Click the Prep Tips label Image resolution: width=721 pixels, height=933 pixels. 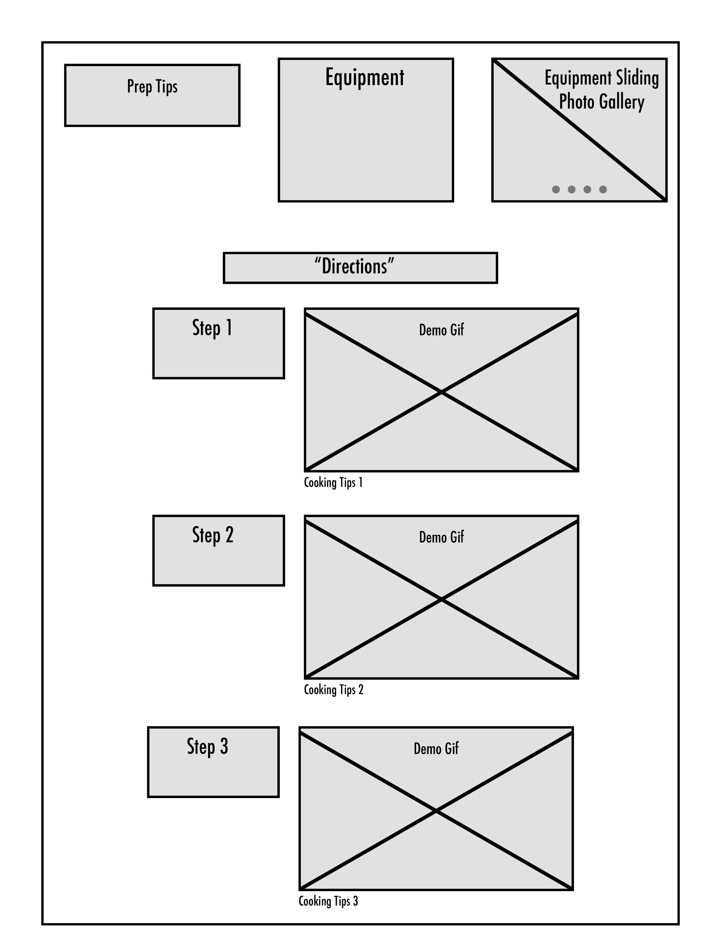coord(152,87)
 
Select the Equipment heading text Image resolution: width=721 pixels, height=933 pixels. coord(365,78)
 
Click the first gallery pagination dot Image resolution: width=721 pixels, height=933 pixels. coord(556,189)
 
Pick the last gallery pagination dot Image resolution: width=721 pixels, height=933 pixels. coord(603,189)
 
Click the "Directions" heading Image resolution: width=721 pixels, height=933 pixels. coord(355,266)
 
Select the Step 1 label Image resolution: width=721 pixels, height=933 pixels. coord(212,328)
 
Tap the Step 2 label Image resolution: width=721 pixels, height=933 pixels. coord(213,535)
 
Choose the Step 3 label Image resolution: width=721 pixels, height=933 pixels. coord(208,747)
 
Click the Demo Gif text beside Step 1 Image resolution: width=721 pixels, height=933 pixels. coord(441,330)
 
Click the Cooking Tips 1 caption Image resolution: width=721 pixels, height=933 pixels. coord(333,483)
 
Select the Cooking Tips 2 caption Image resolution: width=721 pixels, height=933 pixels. coord(334,690)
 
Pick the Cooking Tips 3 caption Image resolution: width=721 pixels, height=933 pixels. coord(328,901)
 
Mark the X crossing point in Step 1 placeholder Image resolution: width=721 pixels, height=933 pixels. coord(442,392)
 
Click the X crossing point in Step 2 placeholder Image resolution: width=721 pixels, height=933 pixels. coord(442,599)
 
